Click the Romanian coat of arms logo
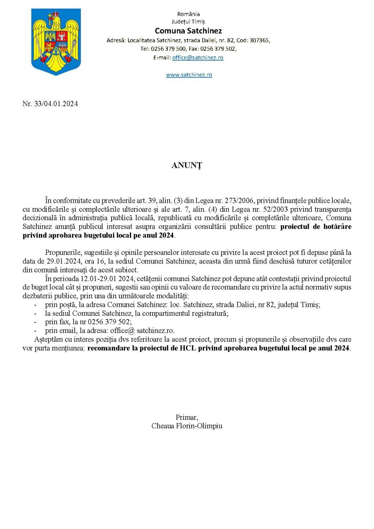click(x=56, y=41)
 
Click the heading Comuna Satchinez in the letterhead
click(x=188, y=31)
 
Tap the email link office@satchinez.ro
click(x=198, y=58)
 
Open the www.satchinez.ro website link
click(x=189, y=75)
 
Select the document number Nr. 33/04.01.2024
click(x=50, y=104)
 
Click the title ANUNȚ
click(x=186, y=165)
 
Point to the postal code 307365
click(x=259, y=40)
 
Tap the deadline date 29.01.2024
click(x=64, y=261)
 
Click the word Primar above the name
click(x=186, y=417)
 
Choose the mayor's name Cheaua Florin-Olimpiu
click(x=187, y=426)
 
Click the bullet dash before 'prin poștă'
click(x=35, y=305)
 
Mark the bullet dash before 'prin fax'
click(x=35, y=322)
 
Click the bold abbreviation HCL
click(x=188, y=348)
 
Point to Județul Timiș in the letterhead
click(x=188, y=22)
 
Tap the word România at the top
click(x=188, y=14)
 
